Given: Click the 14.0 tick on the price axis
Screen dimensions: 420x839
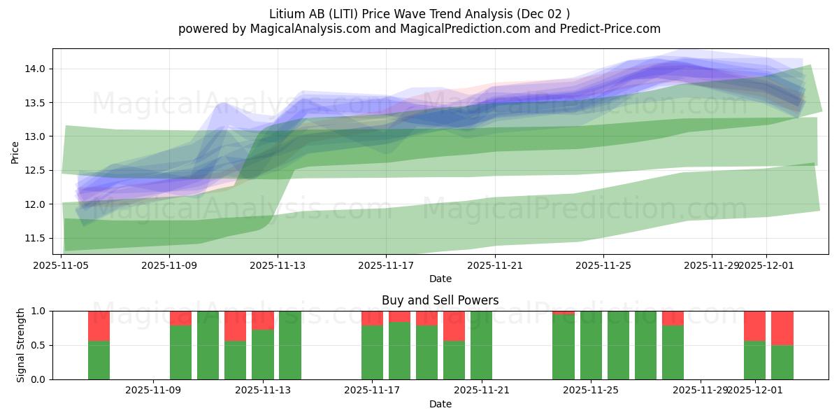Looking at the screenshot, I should point(36,69).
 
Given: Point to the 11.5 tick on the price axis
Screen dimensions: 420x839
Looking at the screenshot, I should point(36,238).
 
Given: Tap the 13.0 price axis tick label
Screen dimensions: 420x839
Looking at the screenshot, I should point(36,136).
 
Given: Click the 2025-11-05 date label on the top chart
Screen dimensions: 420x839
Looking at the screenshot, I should point(62,265).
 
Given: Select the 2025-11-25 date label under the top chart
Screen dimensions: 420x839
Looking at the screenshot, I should point(603,265).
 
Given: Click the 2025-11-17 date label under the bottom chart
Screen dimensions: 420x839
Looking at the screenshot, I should point(372,391).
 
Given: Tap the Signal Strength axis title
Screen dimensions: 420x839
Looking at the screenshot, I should point(21,345).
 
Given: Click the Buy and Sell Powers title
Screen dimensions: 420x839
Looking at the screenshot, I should point(440,300).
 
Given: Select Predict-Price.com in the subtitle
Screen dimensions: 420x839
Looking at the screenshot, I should point(613,29).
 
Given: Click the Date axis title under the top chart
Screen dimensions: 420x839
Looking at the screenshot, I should point(440,279).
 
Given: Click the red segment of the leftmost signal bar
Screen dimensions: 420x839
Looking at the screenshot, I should point(99,325).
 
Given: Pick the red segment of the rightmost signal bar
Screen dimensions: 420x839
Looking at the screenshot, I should point(782,328).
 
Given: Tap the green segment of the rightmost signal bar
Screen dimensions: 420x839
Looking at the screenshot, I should point(782,363).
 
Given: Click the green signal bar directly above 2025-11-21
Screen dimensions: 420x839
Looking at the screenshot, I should point(481,345).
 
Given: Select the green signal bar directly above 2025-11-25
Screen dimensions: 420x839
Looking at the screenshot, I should point(591,345).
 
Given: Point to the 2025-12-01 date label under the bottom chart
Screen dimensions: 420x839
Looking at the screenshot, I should point(755,391).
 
